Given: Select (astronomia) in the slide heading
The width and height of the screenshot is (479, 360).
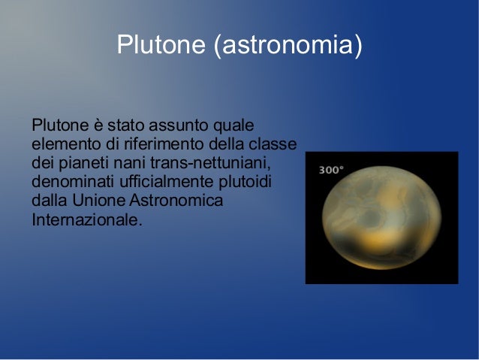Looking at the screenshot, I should [x=288, y=46].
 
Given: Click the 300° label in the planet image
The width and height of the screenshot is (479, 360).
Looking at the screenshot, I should [x=331, y=171].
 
